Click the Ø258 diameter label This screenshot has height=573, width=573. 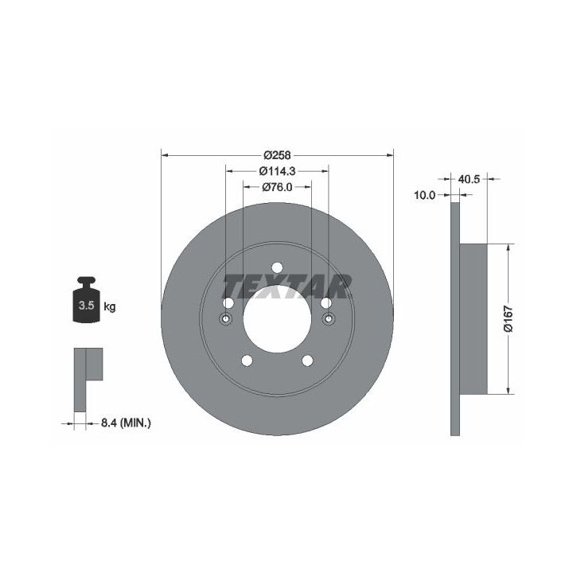click(x=278, y=155)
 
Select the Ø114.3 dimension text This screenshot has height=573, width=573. click(x=278, y=170)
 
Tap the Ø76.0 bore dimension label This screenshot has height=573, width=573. click(x=278, y=187)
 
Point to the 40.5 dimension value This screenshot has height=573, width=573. click(x=469, y=179)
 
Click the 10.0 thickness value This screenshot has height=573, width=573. click(x=425, y=195)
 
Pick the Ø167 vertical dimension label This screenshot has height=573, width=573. click(x=509, y=319)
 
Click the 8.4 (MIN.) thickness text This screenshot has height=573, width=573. click(x=126, y=423)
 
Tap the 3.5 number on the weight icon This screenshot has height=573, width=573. click(x=87, y=306)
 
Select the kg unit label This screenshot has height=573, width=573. click(x=110, y=306)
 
